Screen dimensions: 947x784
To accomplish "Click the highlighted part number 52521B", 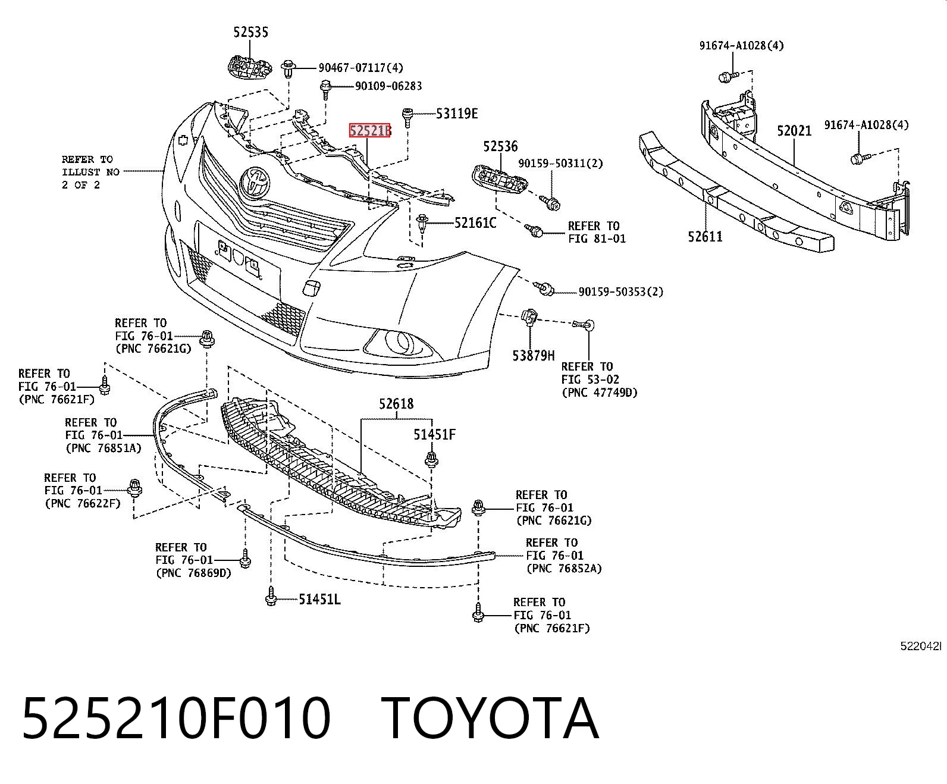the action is click(369, 131).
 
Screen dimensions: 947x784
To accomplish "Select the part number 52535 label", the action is click(251, 32).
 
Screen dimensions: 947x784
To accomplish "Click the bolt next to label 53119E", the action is click(407, 117).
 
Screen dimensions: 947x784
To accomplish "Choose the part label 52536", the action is click(500, 146).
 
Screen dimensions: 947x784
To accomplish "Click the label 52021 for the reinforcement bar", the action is click(794, 131).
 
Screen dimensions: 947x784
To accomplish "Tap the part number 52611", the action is click(705, 237).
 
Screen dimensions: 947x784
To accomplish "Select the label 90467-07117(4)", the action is click(360, 68).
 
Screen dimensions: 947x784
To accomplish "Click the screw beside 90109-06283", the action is click(325, 89).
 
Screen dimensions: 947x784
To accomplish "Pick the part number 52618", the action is click(396, 404).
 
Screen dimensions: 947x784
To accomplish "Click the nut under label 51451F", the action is click(431, 459).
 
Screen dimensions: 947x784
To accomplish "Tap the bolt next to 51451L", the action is click(271, 595).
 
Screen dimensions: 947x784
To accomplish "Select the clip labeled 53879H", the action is click(529, 317).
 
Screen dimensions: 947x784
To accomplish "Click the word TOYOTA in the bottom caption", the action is click(490, 719).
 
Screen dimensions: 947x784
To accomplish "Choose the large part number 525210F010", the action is click(177, 719).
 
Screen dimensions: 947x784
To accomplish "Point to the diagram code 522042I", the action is click(921, 646).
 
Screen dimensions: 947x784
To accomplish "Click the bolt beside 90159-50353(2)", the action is click(544, 288).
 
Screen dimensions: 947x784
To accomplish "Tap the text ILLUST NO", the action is click(90, 173).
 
